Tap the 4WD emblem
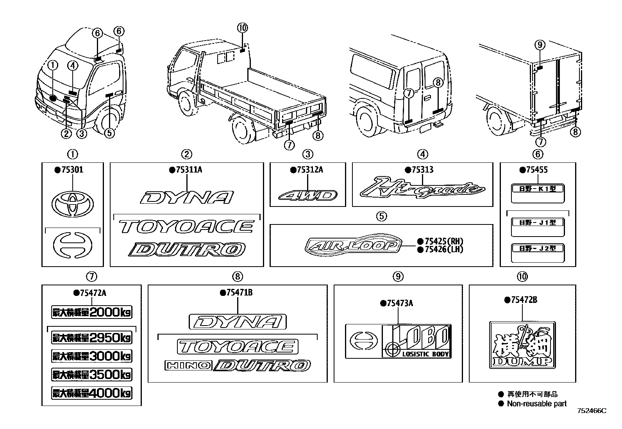(x=308, y=195)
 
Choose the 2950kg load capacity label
(x=91, y=338)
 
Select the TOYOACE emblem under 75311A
(x=187, y=227)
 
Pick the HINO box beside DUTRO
(x=188, y=366)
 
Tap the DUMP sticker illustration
(x=522, y=345)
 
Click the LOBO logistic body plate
(x=398, y=341)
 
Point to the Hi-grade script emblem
(x=422, y=189)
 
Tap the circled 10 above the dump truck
(x=242, y=28)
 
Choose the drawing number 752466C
(x=592, y=411)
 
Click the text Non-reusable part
(x=536, y=404)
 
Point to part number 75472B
(x=523, y=300)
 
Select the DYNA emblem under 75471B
(x=238, y=322)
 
